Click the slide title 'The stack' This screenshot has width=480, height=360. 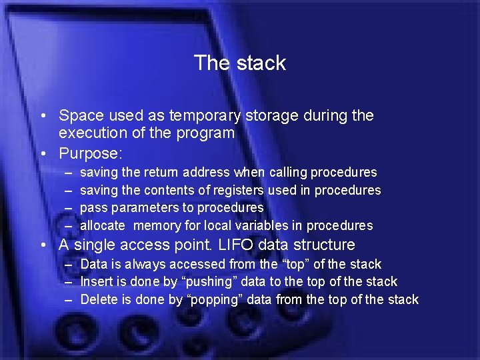239,63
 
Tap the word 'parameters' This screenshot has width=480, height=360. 139,208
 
